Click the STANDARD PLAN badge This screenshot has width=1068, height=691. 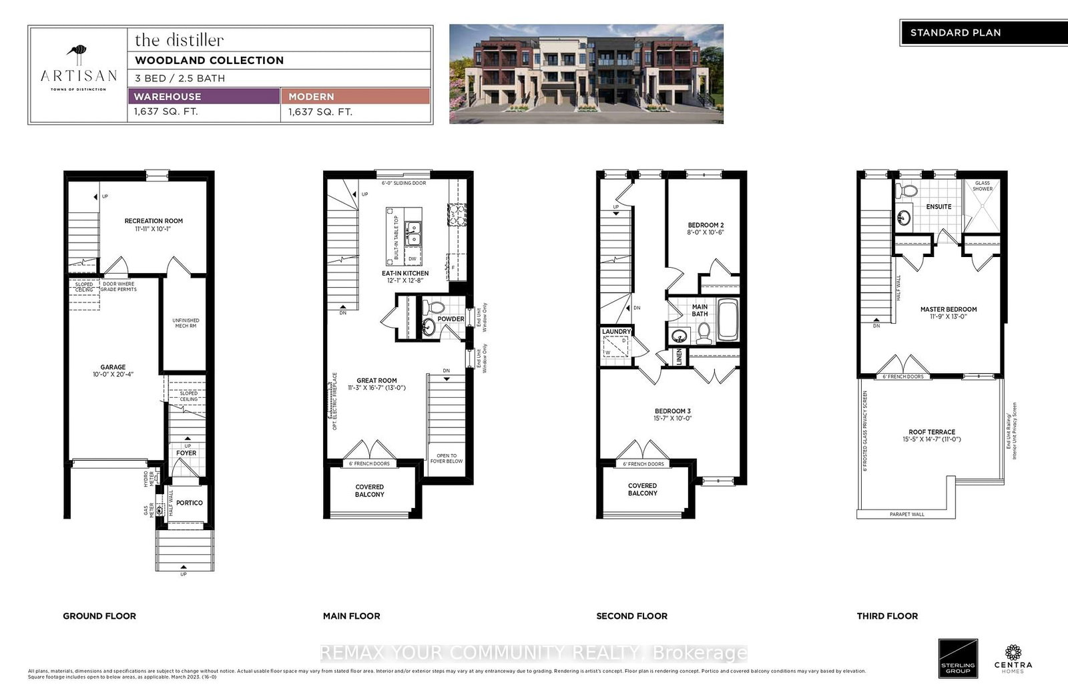click(x=955, y=33)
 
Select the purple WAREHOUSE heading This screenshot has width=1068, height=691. click(x=167, y=97)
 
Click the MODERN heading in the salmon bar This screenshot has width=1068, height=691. click(x=311, y=97)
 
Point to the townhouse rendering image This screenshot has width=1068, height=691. click(x=586, y=74)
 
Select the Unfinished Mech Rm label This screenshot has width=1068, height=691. click(x=186, y=323)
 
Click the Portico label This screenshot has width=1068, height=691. click(x=190, y=503)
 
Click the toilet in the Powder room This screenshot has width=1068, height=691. click(x=435, y=308)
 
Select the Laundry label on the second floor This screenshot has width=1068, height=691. click(x=615, y=332)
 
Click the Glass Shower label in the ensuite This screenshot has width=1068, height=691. click(x=983, y=186)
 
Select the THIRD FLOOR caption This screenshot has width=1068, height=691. click(x=887, y=616)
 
